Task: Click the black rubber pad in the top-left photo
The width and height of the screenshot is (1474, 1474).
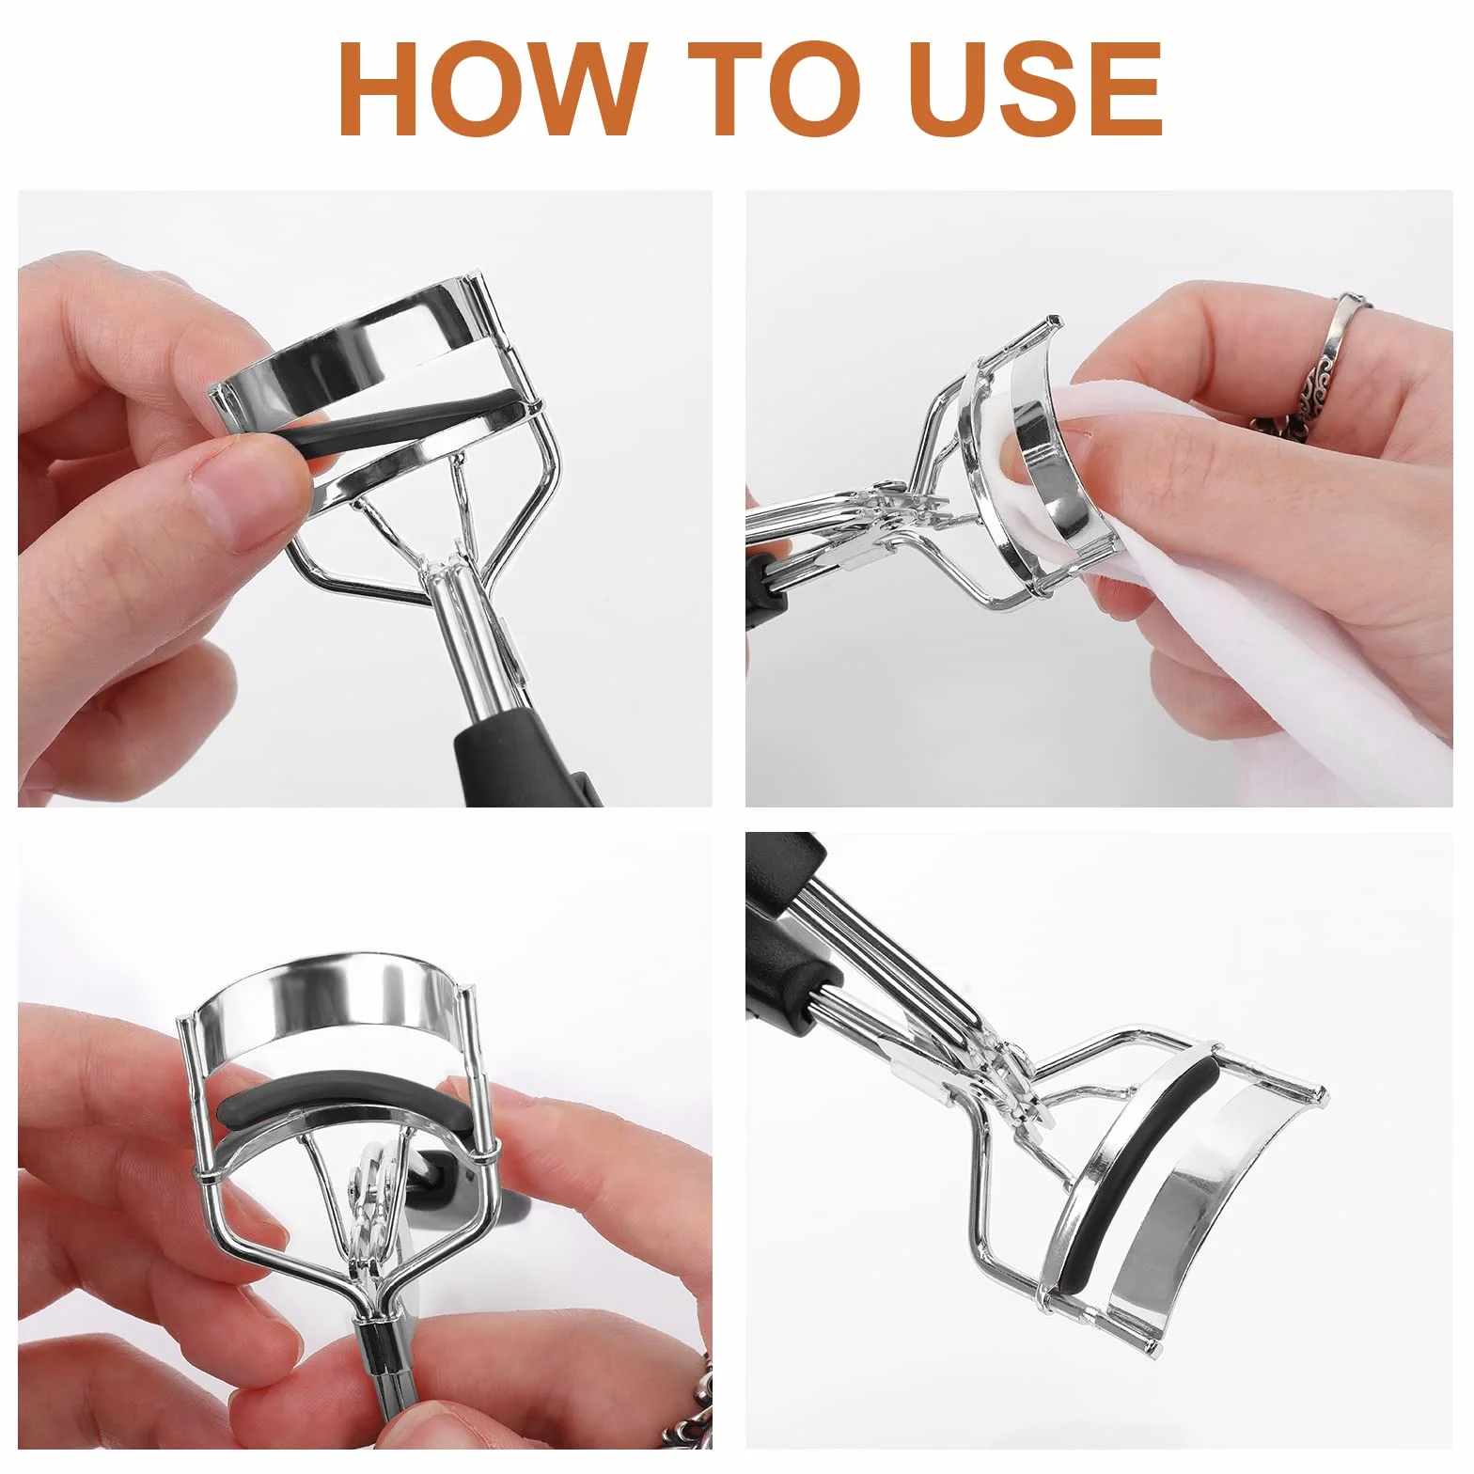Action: pyautogui.click(x=404, y=420)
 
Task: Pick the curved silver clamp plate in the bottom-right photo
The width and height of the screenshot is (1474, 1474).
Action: pyautogui.click(x=1213, y=1213)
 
